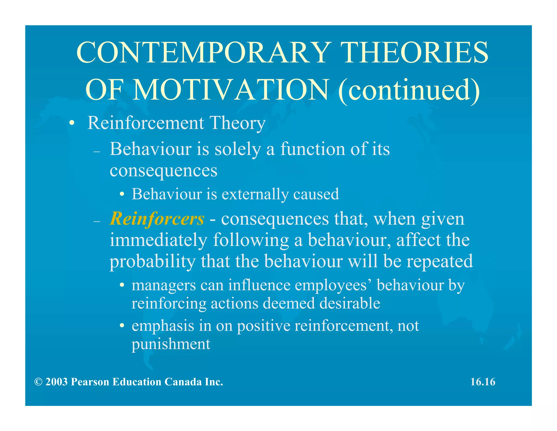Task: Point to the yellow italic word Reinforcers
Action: click(157, 219)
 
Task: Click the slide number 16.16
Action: click(483, 382)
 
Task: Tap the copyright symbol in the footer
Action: click(38, 382)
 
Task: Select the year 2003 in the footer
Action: click(56, 382)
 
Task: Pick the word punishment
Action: click(171, 344)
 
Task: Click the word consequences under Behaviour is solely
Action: click(163, 171)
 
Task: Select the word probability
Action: click(153, 262)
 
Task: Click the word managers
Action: click(164, 286)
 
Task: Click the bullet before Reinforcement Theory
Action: click(72, 123)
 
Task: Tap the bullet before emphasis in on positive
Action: click(122, 326)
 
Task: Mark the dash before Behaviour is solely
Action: click(97, 151)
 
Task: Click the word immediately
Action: click(158, 240)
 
